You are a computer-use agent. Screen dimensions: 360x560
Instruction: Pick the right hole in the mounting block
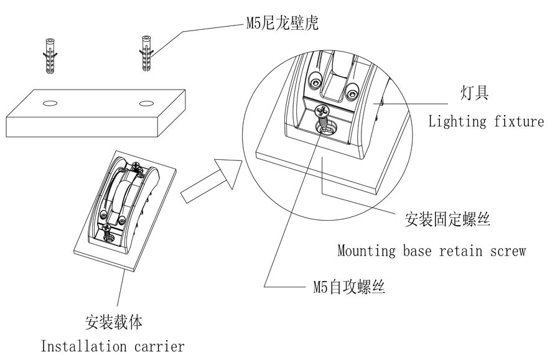click(147, 101)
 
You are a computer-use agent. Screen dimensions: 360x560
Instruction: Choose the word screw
click(507, 251)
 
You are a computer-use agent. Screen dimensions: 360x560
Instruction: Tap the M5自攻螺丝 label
click(349, 287)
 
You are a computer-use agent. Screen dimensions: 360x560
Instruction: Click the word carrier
click(158, 346)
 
